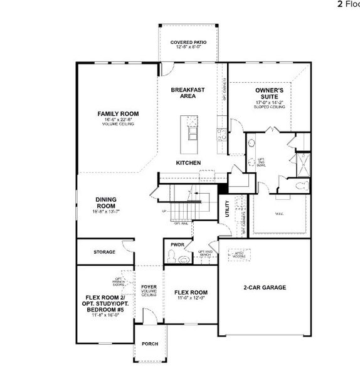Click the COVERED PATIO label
coord(188,43)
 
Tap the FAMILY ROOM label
coord(118,113)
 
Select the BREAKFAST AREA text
coord(188,93)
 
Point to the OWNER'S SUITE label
coord(270,93)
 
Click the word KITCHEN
coord(188,163)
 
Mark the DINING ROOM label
coord(106,202)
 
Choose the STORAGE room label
coord(104,252)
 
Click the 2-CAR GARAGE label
coord(264,288)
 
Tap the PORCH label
coord(150,344)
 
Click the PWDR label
coord(176,244)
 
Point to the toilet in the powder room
coord(171,256)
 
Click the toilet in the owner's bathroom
coord(300,184)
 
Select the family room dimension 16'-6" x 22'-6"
coord(118,120)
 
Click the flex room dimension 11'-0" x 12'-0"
coord(191,298)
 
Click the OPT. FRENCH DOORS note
coord(118,283)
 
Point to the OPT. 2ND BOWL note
coord(262,162)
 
